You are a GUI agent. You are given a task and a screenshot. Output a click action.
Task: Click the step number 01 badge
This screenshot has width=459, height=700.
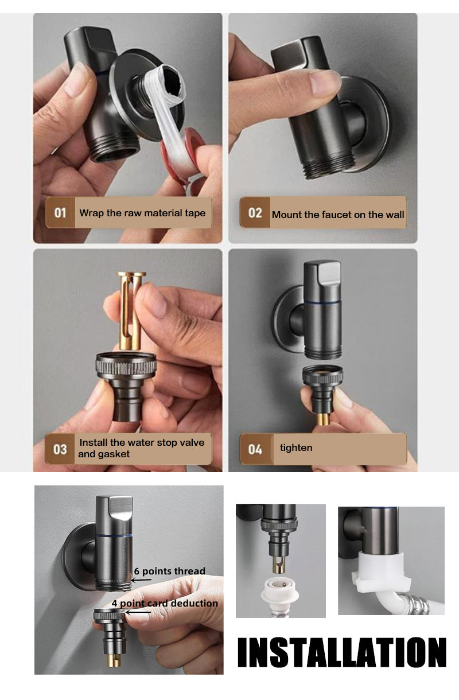(60, 213)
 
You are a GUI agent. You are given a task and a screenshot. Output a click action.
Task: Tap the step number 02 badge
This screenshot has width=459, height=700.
(255, 213)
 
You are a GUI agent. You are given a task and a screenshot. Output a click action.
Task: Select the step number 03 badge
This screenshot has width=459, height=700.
(60, 449)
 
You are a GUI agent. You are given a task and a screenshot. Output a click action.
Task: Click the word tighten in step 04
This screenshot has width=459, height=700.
(296, 448)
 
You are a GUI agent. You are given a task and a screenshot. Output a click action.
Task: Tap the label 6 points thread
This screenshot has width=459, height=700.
(170, 571)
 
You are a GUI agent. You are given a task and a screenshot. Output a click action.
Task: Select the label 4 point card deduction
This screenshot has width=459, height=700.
(165, 603)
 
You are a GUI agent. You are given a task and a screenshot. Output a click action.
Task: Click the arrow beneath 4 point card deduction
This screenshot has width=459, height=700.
(138, 612)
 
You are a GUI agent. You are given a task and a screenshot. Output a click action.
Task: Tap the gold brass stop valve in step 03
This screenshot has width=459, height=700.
(131, 310)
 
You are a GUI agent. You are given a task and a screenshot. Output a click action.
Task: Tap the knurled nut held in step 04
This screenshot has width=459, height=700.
(322, 374)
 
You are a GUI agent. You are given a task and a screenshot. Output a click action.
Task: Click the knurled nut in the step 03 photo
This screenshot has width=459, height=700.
(126, 365)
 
